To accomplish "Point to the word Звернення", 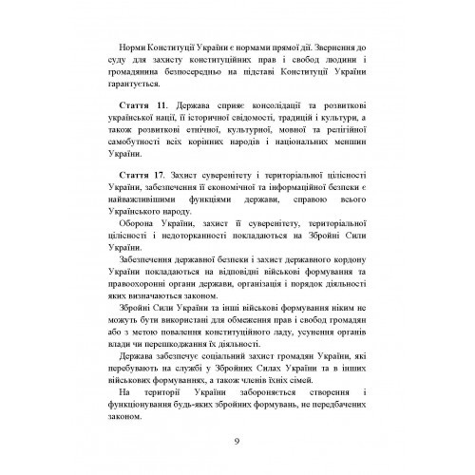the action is [328, 47].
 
